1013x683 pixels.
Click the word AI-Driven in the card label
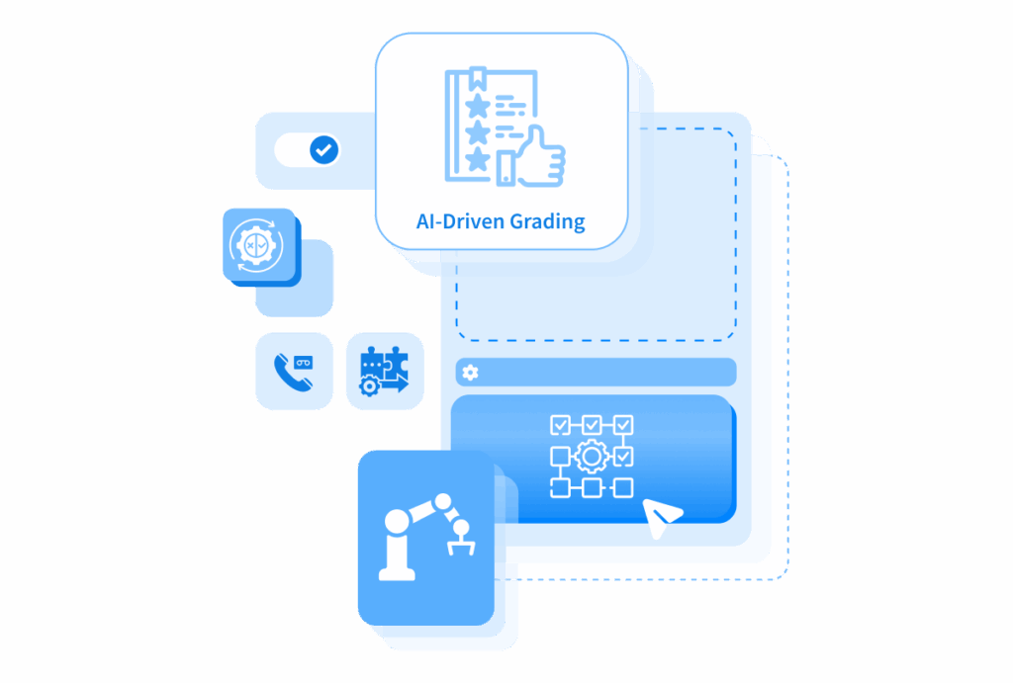coord(460,220)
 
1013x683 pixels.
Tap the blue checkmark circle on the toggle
coord(323,150)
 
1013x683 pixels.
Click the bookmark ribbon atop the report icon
coord(478,78)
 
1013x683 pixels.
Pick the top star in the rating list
coord(478,105)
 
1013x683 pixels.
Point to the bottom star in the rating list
coord(478,159)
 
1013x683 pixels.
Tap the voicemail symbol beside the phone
coord(303,363)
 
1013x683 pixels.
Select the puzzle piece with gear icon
coord(385,371)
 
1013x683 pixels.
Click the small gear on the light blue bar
coord(470,373)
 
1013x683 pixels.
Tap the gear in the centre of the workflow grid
coord(592,457)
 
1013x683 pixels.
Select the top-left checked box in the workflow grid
coord(560,425)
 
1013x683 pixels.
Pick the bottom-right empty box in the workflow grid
coord(623,487)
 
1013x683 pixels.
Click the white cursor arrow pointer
coord(660,516)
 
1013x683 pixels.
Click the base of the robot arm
coord(397,573)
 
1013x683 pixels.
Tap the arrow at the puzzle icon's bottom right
coord(396,384)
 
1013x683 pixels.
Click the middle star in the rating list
coord(478,131)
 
